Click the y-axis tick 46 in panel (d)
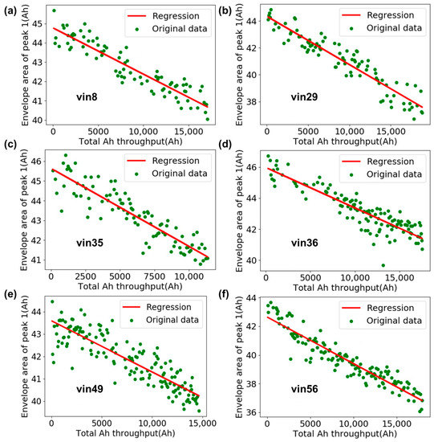click(x=251, y=166)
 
